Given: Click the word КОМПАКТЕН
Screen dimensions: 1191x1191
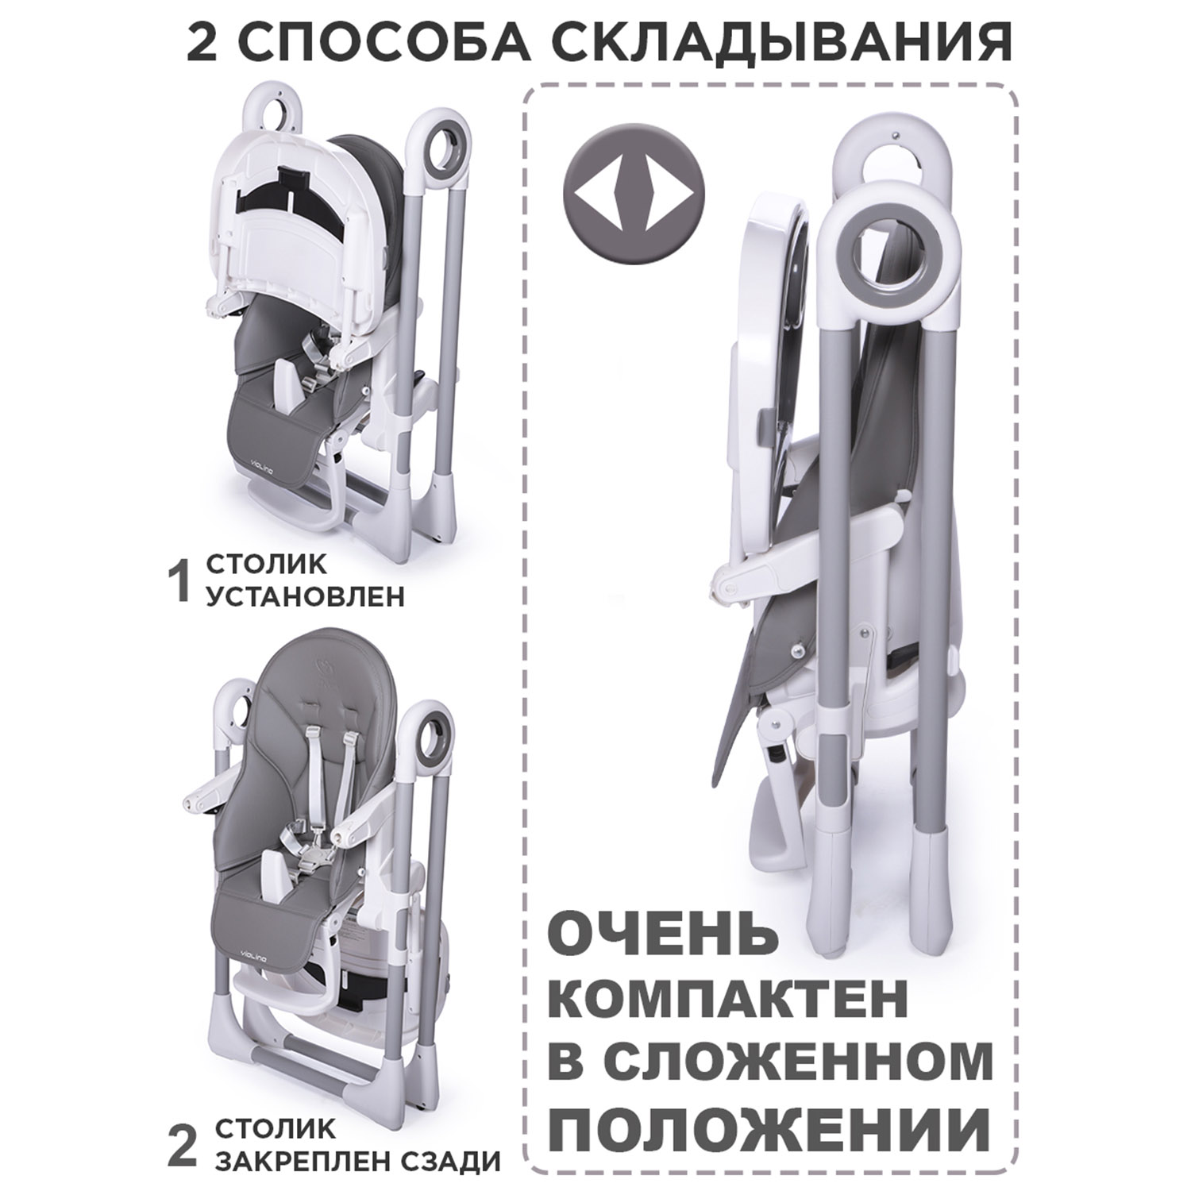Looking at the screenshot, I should (x=728, y=1002).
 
